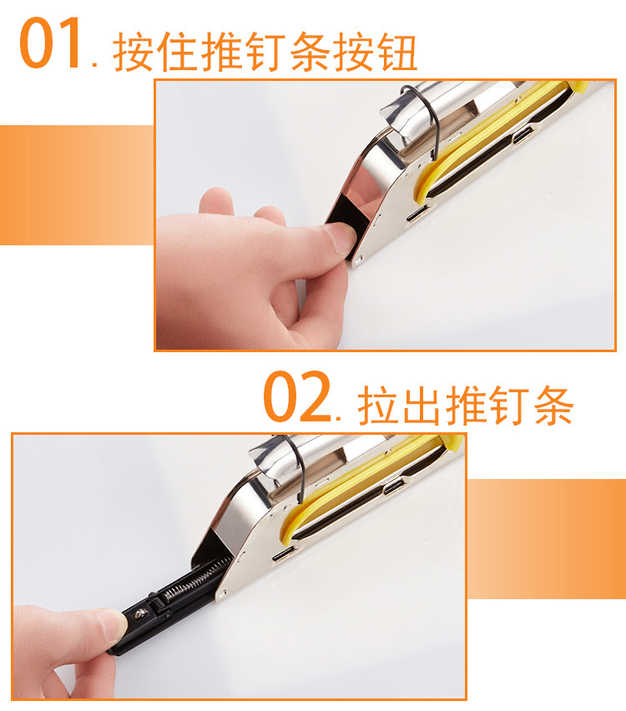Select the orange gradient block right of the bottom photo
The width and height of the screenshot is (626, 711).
coord(546,538)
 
